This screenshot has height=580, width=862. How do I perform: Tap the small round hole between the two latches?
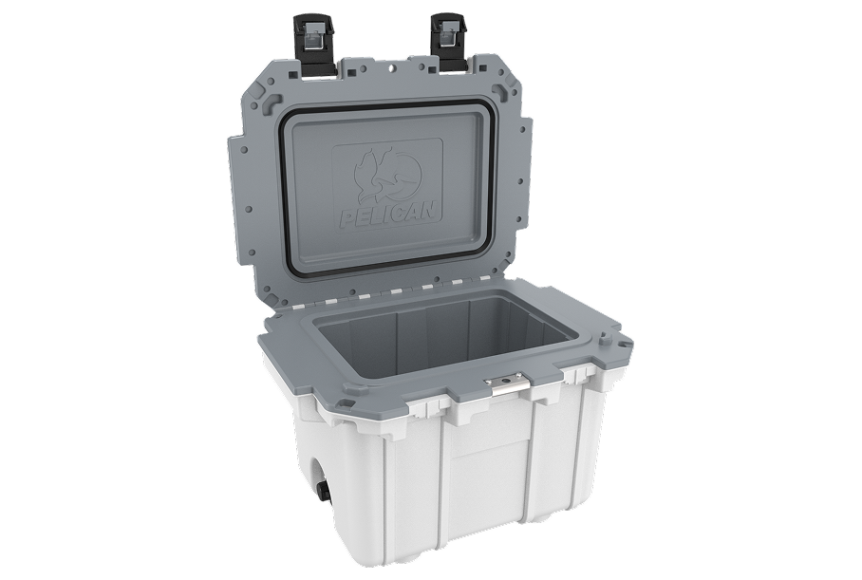coord(390,68)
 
